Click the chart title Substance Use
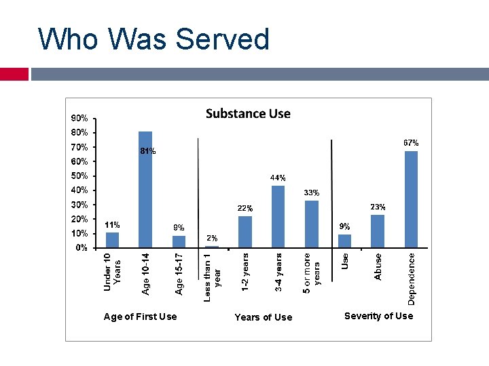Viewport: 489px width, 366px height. (248, 113)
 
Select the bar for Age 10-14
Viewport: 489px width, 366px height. (145, 189)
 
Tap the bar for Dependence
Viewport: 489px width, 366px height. (411, 199)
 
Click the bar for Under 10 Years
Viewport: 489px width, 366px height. (112, 240)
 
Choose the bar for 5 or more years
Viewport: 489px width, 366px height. (312, 224)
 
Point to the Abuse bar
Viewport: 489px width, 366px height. (378, 231)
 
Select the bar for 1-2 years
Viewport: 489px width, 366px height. (245, 232)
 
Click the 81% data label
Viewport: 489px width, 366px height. (147, 152)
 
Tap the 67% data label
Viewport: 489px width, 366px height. (411, 143)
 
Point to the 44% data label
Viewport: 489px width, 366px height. (278, 178)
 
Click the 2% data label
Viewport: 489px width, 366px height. (212, 238)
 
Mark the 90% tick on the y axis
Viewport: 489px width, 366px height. (80, 118)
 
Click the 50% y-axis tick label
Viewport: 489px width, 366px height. (80, 176)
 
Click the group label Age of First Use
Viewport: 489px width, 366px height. (140, 317)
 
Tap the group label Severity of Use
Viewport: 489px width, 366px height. (378, 316)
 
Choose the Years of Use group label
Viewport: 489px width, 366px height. (263, 317)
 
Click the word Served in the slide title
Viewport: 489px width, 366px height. (223, 39)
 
